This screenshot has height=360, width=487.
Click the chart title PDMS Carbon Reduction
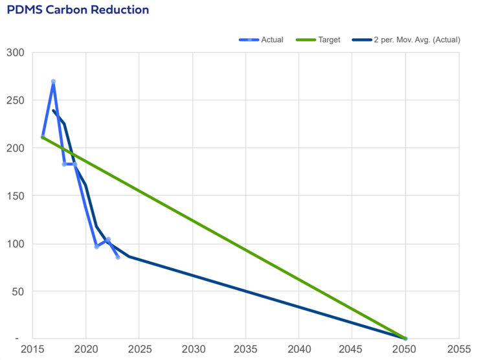78,10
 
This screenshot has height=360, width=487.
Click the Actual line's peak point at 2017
53,82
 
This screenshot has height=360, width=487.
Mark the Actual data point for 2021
96,247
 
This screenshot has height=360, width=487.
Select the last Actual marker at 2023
118,257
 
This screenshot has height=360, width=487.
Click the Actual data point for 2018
64,164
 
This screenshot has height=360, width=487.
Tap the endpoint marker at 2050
405,338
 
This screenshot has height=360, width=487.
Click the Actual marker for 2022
108,239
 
